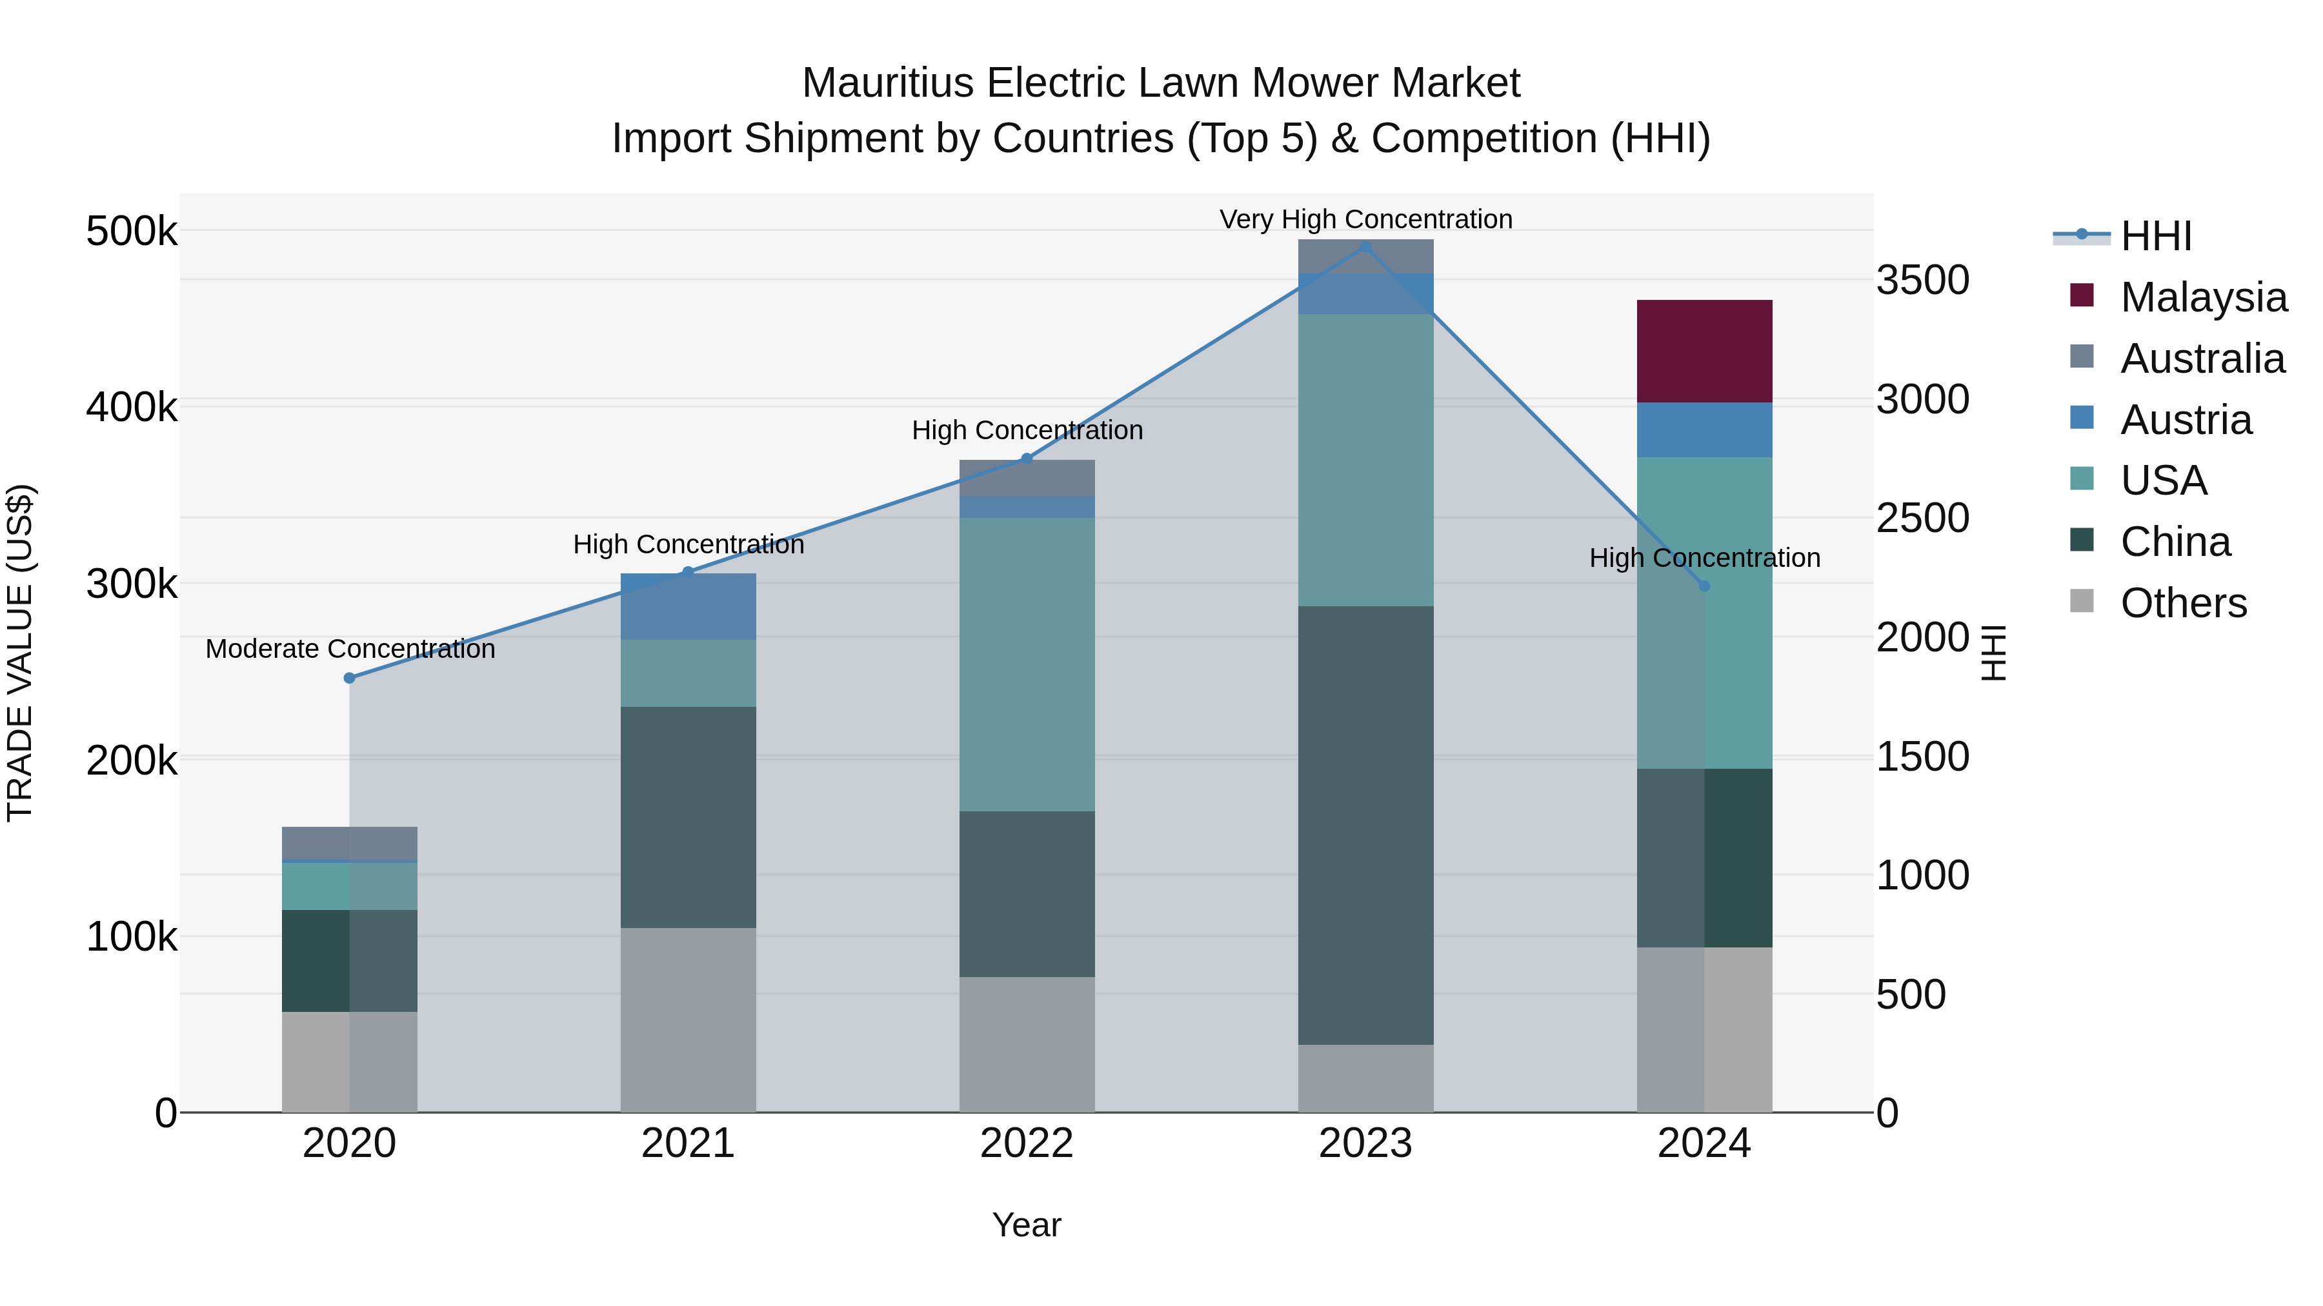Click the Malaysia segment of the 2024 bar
pos(1704,351)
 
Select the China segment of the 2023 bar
pos(1365,825)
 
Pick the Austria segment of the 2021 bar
pos(688,607)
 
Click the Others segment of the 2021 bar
pos(688,1020)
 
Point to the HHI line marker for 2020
pos(350,678)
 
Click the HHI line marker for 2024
pos(1704,586)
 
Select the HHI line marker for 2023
pos(1365,246)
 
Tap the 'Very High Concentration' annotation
pos(1365,219)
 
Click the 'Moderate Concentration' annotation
pos(350,649)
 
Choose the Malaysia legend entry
pos(2202,297)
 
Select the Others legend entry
pos(2182,603)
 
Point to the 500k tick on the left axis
pos(132,232)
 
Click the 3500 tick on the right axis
pos(1923,281)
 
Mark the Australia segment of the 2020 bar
pos(350,844)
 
